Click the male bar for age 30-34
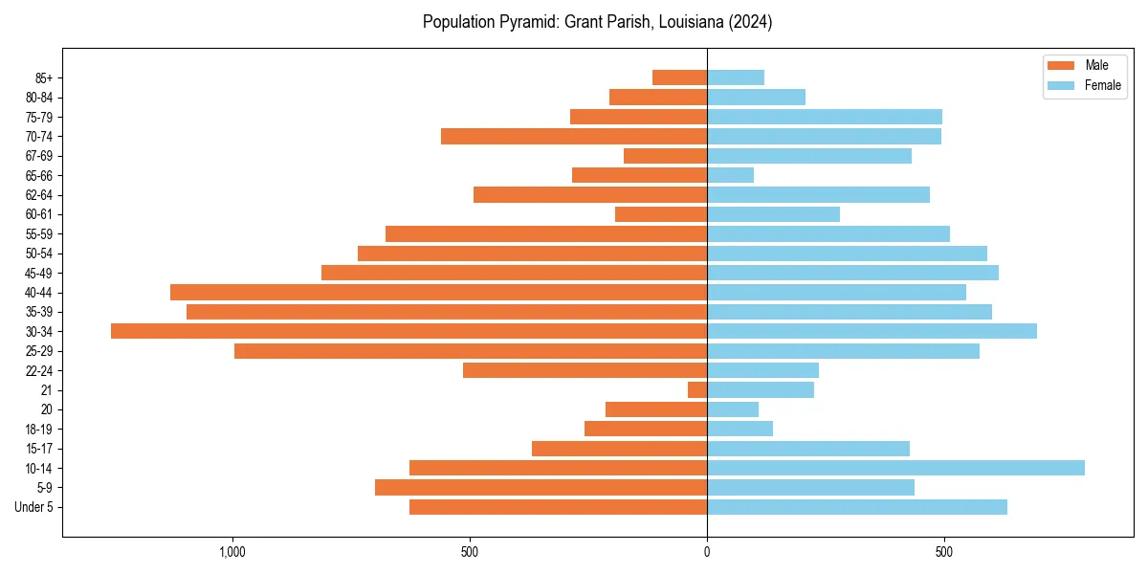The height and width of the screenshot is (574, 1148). pyautogui.click(x=408, y=331)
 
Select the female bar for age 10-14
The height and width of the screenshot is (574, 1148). pyautogui.click(x=895, y=468)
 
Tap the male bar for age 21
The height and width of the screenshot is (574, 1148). pyautogui.click(x=697, y=389)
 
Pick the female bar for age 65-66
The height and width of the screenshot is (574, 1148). pyautogui.click(x=730, y=175)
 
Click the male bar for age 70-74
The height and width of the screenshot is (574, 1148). pyautogui.click(x=574, y=136)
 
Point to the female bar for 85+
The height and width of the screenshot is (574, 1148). pyautogui.click(x=736, y=77)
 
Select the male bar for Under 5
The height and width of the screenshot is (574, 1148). pyautogui.click(x=558, y=507)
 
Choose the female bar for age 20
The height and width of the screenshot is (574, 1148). pyautogui.click(x=733, y=409)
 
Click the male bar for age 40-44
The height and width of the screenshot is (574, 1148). pyautogui.click(x=438, y=292)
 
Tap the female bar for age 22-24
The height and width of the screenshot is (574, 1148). pyautogui.click(x=762, y=370)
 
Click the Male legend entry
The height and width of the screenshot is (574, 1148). pyautogui.click(x=1096, y=65)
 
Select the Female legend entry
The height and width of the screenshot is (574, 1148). pyautogui.click(x=1102, y=85)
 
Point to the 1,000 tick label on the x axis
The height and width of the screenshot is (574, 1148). pyautogui.click(x=232, y=552)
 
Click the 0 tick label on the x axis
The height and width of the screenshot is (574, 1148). pyautogui.click(x=707, y=552)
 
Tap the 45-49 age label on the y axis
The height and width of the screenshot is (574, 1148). pyautogui.click(x=39, y=273)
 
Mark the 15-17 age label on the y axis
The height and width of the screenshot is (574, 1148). pyautogui.click(x=39, y=449)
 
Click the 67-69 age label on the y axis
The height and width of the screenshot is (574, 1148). pyautogui.click(x=39, y=156)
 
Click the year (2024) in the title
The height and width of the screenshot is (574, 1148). pyautogui.click(x=749, y=22)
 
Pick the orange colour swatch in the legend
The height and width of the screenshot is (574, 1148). pyautogui.click(x=1061, y=65)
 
